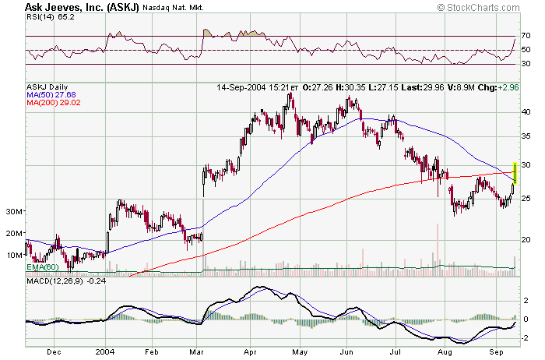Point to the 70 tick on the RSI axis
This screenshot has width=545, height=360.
pyautogui.click(x=526, y=36)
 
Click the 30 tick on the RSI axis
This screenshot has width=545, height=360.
pyautogui.click(x=526, y=64)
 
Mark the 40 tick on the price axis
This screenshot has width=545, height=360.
pyautogui.click(x=526, y=111)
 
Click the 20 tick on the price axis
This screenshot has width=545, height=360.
pyautogui.click(x=526, y=238)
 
